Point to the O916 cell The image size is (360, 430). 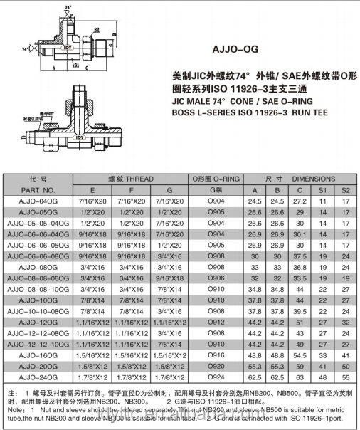coord(216,354)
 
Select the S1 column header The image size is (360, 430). coord(323,190)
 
